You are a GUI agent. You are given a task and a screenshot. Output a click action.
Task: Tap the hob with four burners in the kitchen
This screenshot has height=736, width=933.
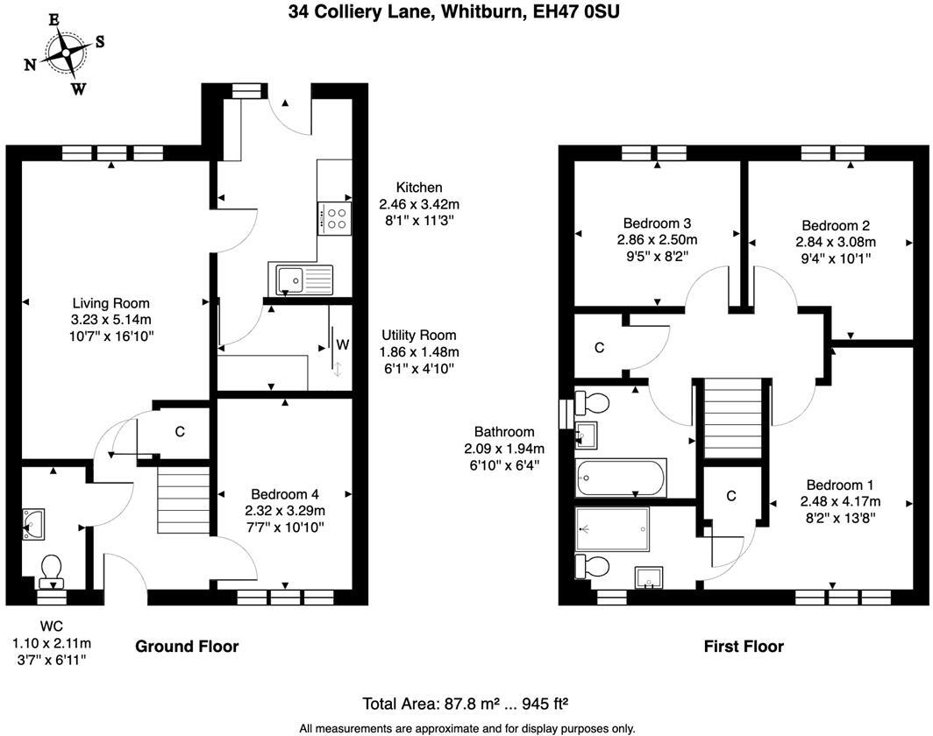point(333,217)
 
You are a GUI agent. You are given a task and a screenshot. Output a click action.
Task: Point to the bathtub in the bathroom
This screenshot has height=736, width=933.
point(620,478)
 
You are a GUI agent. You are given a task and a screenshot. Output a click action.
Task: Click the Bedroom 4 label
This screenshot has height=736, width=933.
point(286,494)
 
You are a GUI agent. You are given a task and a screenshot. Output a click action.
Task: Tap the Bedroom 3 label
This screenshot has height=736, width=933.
point(658,223)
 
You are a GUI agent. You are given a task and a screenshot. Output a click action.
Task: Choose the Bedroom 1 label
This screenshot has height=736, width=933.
point(839,485)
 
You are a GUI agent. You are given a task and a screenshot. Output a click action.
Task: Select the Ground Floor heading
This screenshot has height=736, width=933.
point(186,647)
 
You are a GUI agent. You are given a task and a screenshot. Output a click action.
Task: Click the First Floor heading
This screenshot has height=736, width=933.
point(744,647)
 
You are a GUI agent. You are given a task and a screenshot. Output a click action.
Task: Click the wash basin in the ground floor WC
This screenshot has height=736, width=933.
point(33,523)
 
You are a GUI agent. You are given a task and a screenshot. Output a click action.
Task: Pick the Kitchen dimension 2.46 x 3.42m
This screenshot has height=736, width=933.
point(419,203)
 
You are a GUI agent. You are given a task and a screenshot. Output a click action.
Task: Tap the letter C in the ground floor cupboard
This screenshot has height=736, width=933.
point(180,431)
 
